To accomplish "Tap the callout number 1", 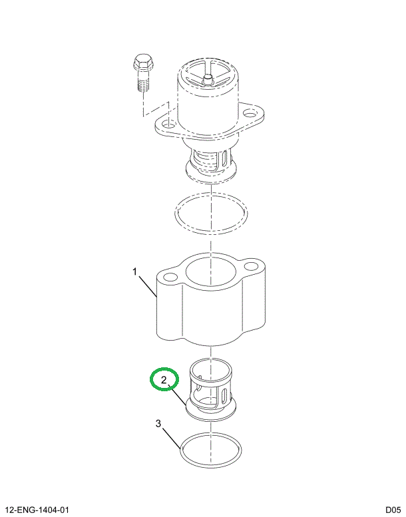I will coord(134,271).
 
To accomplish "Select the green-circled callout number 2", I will coord(164,381).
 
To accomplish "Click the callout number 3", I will coord(158,424).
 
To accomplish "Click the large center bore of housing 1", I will coord(210,271).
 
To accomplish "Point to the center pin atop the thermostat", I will coord(207,79).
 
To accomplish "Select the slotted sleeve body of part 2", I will coord(210,387).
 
